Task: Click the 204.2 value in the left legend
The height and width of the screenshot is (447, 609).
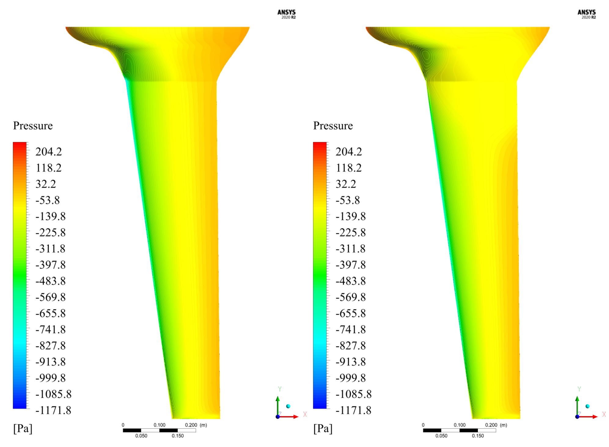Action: click(49, 152)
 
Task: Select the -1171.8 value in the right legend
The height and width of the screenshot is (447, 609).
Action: click(354, 410)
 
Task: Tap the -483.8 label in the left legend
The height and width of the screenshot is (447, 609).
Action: click(50, 281)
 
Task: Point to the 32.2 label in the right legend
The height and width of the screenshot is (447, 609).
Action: click(346, 184)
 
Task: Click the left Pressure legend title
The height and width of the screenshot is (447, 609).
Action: click(33, 126)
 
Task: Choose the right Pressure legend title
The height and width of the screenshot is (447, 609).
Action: click(333, 126)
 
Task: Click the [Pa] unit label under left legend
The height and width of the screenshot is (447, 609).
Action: click(23, 428)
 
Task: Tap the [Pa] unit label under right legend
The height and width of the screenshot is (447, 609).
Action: click(323, 428)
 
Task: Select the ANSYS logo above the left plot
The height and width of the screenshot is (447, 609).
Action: click(287, 14)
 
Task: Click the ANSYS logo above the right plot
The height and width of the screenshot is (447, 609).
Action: click(587, 14)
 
